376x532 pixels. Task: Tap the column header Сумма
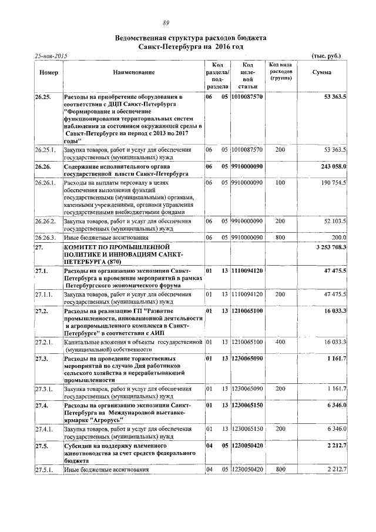coord(321,72)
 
